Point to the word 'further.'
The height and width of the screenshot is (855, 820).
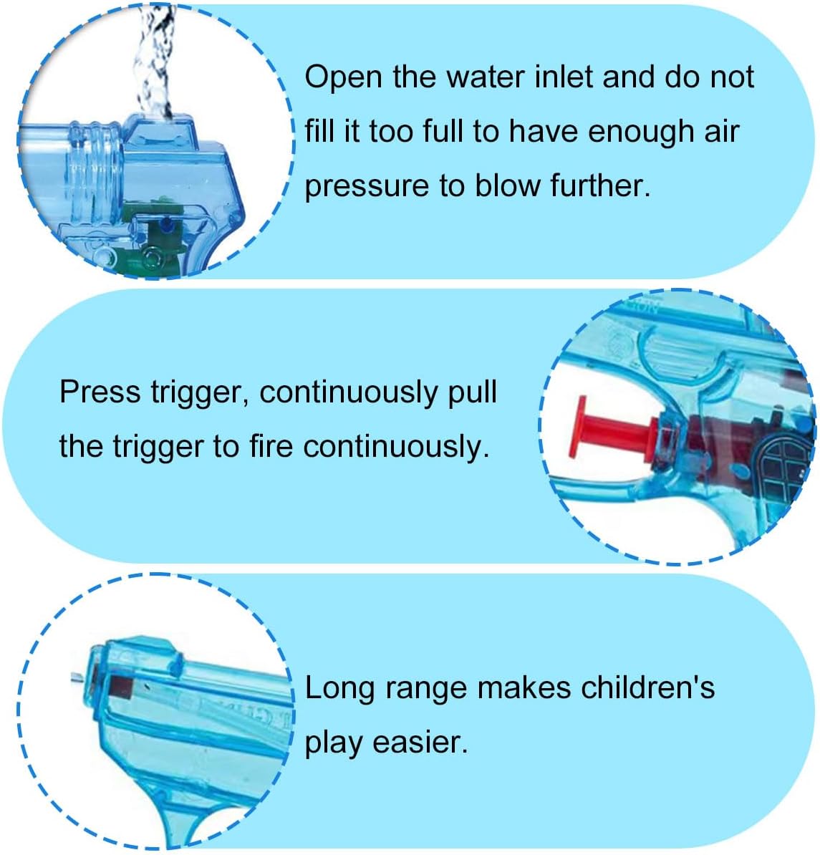[601, 185]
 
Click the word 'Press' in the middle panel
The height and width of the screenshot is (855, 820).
[100, 392]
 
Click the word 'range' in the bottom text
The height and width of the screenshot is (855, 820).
[426, 690]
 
